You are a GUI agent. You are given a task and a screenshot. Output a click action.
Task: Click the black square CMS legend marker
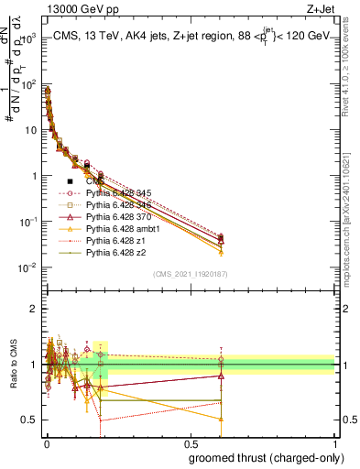point(71,181)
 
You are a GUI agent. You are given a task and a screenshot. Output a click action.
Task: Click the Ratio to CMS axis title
point(11,365)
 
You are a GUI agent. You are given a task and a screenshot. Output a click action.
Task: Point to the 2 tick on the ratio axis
point(34,309)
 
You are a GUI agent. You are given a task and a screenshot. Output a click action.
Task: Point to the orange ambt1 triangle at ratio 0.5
point(221,420)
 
